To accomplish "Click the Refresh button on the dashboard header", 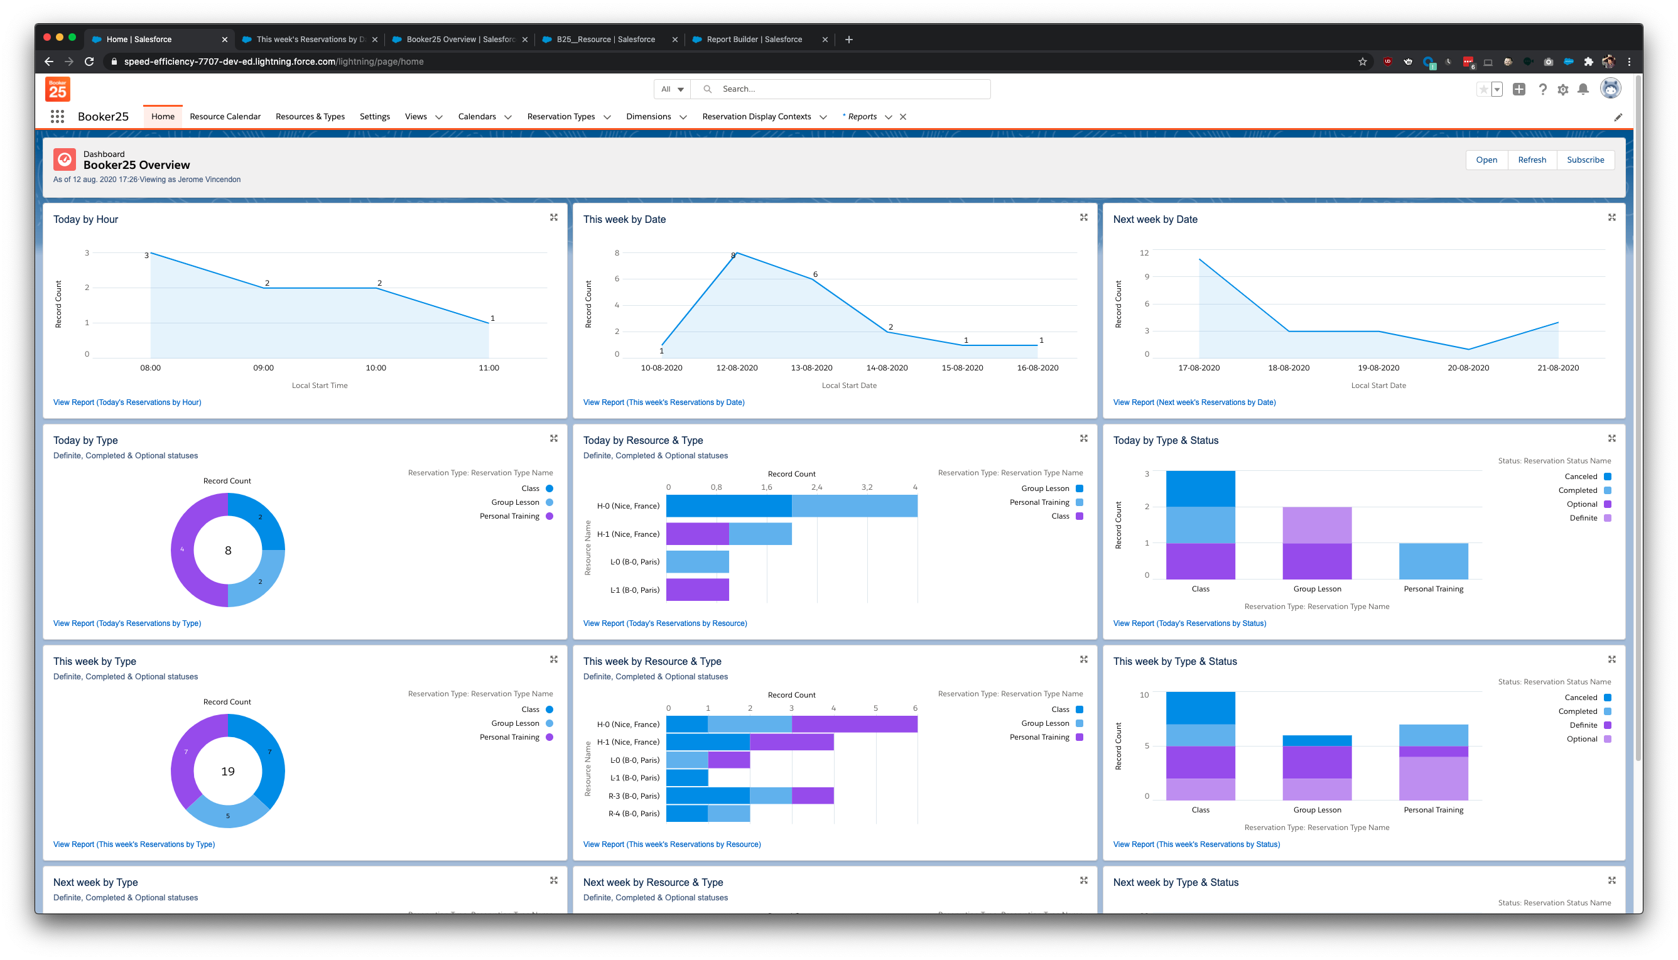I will pyautogui.click(x=1531, y=159).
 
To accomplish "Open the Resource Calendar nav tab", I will pyautogui.click(x=225, y=117).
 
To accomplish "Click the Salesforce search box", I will pyautogui.click(x=850, y=89).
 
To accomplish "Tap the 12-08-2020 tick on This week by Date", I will pyautogui.click(x=737, y=368).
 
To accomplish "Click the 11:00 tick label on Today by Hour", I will pyautogui.click(x=489, y=368).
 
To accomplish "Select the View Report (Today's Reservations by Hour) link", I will pyautogui.click(x=127, y=402).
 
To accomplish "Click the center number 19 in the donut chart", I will pyautogui.click(x=227, y=772).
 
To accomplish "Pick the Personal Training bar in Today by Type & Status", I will pyautogui.click(x=1432, y=561).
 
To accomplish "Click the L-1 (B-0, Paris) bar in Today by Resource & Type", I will pyautogui.click(x=697, y=590).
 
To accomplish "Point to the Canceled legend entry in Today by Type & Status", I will pyautogui.click(x=1581, y=477).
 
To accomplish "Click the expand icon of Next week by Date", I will pyautogui.click(x=1611, y=218).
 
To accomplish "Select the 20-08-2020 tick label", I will pyautogui.click(x=1468, y=368).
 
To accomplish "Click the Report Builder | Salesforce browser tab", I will pyautogui.click(x=754, y=40).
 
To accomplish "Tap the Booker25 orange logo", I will pyautogui.click(x=57, y=89).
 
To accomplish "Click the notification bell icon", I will pyautogui.click(x=1583, y=89).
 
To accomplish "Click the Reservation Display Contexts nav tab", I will pyautogui.click(x=756, y=117).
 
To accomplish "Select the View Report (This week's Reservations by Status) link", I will pyautogui.click(x=1196, y=844).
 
